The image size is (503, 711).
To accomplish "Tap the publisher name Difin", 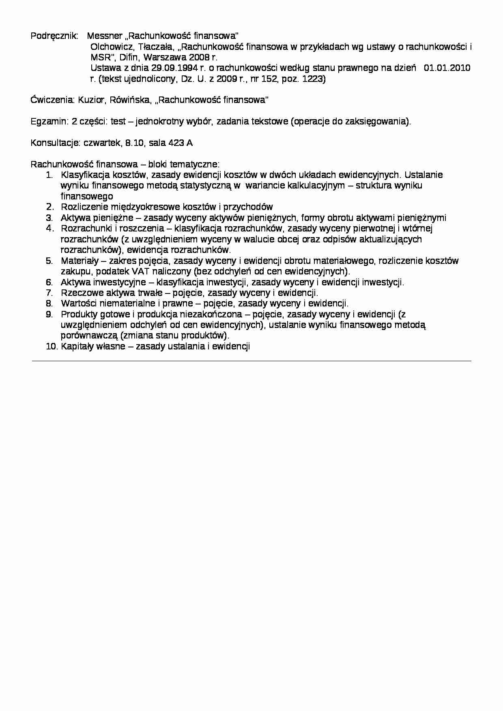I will [129, 58].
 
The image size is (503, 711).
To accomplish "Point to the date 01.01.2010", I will [447, 68].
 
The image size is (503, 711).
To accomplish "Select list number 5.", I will [49, 261].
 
